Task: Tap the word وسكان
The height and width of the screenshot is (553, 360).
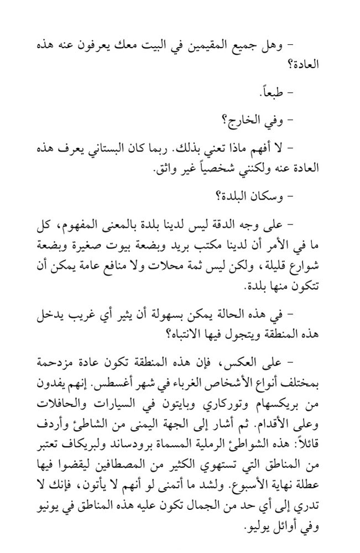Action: tap(263, 196)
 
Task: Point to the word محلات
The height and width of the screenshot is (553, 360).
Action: tap(166, 262)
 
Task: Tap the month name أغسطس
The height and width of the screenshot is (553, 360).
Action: tap(118, 382)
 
